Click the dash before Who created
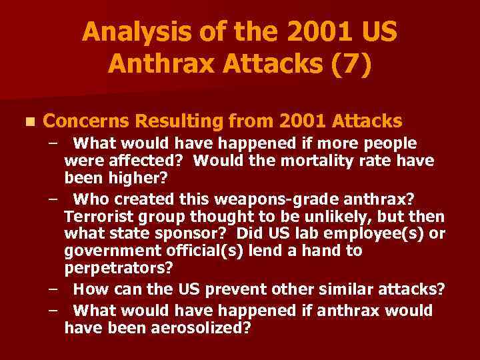pos(52,199)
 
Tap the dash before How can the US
pos(52,291)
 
